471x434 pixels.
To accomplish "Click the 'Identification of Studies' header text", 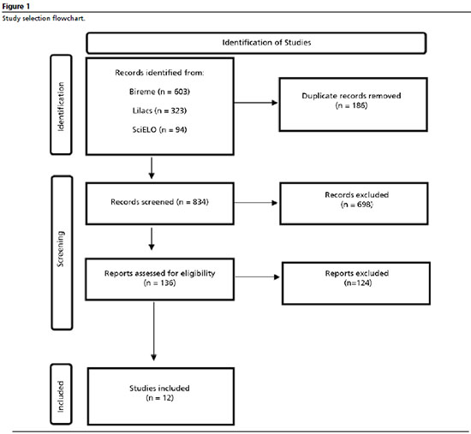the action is pos(266,43).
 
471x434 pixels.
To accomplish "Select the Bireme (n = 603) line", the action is pos(159,92).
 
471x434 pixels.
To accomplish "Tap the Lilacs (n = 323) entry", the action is pos(159,110).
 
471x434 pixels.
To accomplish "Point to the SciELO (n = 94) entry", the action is pos(159,130).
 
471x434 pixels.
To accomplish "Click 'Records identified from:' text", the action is pos(159,73).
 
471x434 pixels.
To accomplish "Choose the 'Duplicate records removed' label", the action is pos(351,96).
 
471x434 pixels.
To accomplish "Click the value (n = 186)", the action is pos(351,105).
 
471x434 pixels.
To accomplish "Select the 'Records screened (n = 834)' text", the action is pos(159,202).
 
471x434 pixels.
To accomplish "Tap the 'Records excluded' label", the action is pos(356,195).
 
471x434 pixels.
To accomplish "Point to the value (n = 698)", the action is pos(356,205).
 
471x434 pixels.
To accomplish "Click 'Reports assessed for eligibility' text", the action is pos(159,273).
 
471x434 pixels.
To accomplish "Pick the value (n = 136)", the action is pos(159,283).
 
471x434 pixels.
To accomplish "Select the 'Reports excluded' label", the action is pos(357,273).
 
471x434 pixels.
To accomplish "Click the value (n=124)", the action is pos(358,283).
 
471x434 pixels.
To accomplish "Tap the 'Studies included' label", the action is pos(159,389).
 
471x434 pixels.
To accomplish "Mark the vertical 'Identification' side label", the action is pos(61,107).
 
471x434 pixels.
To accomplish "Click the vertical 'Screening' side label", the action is pos(61,249).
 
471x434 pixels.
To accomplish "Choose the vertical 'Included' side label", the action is pos(61,396).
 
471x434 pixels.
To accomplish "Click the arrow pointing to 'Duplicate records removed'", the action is pos(256,103).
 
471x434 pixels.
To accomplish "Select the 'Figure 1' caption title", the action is pos(16,6).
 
